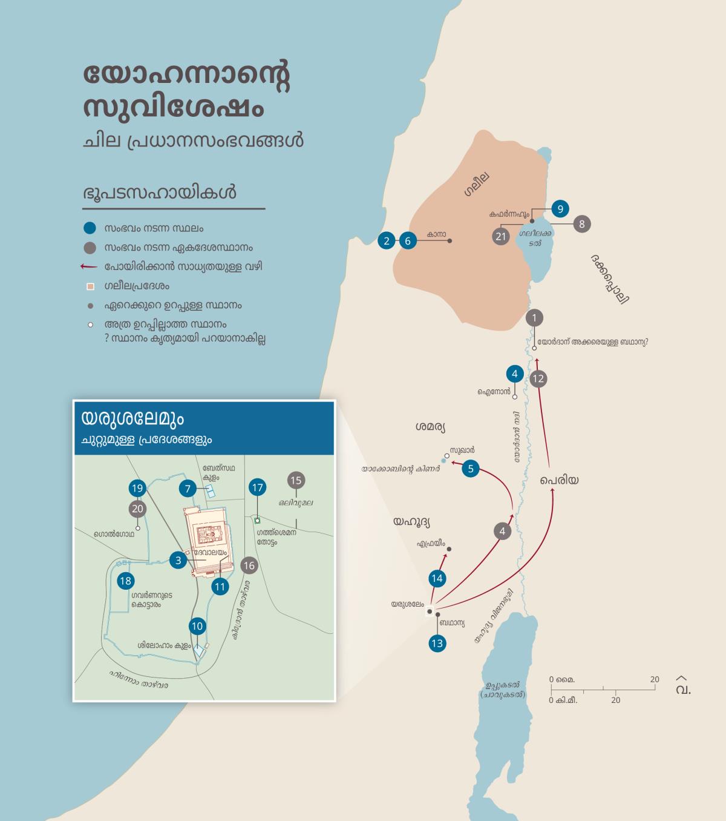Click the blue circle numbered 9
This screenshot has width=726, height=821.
coord(560,209)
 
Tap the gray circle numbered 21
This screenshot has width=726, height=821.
coord(500,236)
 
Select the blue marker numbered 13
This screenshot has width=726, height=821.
coord(437,643)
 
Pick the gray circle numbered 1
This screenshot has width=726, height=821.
coord(534,318)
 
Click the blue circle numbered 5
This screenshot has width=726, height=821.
coord(471,468)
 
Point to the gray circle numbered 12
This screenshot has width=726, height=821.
coord(538,379)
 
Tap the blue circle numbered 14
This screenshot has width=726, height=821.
coord(437,578)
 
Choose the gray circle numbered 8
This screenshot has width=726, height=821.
coord(581,224)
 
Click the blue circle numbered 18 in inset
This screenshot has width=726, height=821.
coord(125,581)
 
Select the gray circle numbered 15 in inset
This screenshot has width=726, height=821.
coord(296,481)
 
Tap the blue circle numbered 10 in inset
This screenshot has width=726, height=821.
coord(197,626)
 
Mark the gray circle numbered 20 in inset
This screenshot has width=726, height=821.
coord(137,509)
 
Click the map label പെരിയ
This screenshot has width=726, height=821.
coord(560,480)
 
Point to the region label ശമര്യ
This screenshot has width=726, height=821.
coord(430,427)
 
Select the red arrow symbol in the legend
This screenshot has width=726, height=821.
coord(90,266)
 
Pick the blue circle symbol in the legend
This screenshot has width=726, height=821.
coord(90,228)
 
